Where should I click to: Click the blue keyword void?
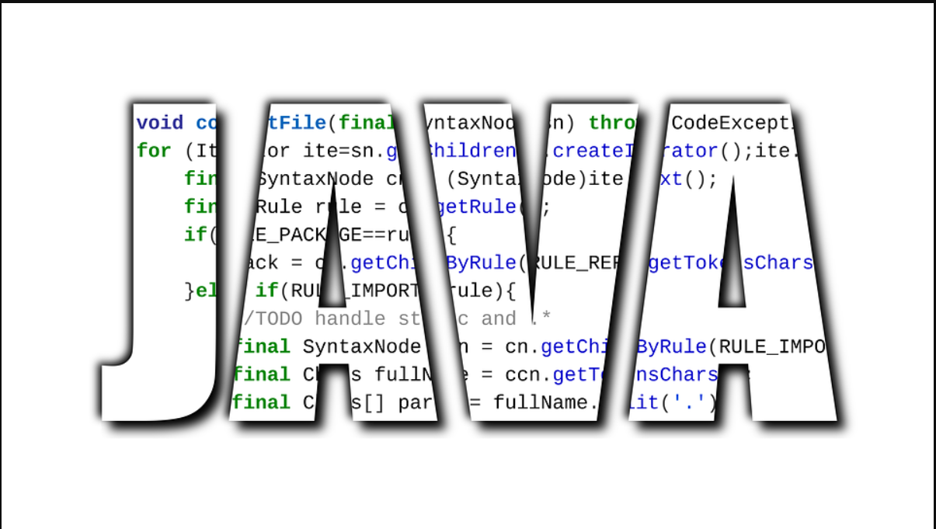159,123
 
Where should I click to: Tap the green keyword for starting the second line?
153,151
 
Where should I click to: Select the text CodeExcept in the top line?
733,123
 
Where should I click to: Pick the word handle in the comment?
350,318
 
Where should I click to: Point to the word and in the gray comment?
498,318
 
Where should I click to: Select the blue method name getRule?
475,207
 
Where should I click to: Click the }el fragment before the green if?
200,291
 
